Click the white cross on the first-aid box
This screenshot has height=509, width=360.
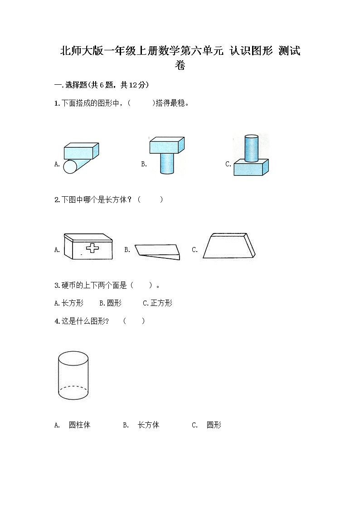click(x=92, y=248)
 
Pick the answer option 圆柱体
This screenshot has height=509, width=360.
click(x=79, y=425)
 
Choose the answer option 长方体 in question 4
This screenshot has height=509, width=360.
click(x=148, y=425)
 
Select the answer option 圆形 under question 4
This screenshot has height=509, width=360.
click(x=214, y=425)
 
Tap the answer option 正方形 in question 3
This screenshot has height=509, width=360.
click(x=161, y=303)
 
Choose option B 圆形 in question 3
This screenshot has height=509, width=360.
click(x=111, y=303)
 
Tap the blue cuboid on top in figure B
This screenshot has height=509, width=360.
click(x=166, y=145)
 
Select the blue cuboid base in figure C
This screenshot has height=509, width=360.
click(x=251, y=168)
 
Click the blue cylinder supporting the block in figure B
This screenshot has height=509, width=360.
click(x=166, y=164)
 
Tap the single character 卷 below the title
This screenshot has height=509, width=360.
click(x=180, y=66)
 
